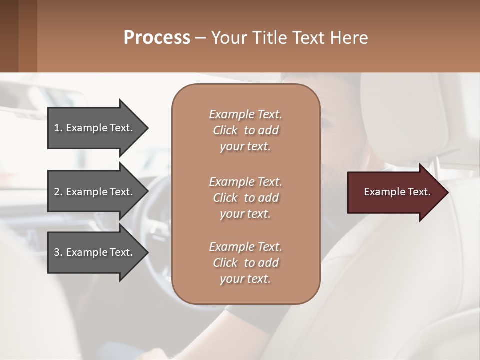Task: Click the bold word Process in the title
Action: coord(157,37)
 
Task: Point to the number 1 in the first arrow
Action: coord(57,128)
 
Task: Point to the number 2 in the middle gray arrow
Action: coord(57,192)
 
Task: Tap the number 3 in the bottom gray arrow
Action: coord(57,252)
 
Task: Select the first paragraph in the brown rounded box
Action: coord(245,130)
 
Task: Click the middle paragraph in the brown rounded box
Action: coord(245,197)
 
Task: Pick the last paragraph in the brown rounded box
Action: coord(245,263)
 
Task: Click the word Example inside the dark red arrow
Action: coord(381,192)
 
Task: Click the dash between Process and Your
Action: coord(201,38)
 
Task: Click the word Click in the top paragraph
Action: coord(225,130)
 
